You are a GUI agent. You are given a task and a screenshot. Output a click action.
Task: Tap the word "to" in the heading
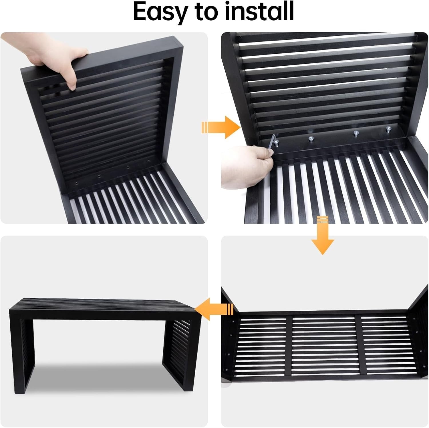point(204,11)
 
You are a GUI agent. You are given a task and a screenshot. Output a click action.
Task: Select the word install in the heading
point(259,11)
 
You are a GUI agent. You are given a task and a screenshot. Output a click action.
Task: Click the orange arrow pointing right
point(221,127)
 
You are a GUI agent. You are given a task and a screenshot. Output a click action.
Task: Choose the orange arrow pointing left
point(214,309)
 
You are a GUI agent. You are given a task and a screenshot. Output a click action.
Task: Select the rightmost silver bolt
point(388,129)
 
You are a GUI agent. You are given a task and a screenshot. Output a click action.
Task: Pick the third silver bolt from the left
point(356,133)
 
